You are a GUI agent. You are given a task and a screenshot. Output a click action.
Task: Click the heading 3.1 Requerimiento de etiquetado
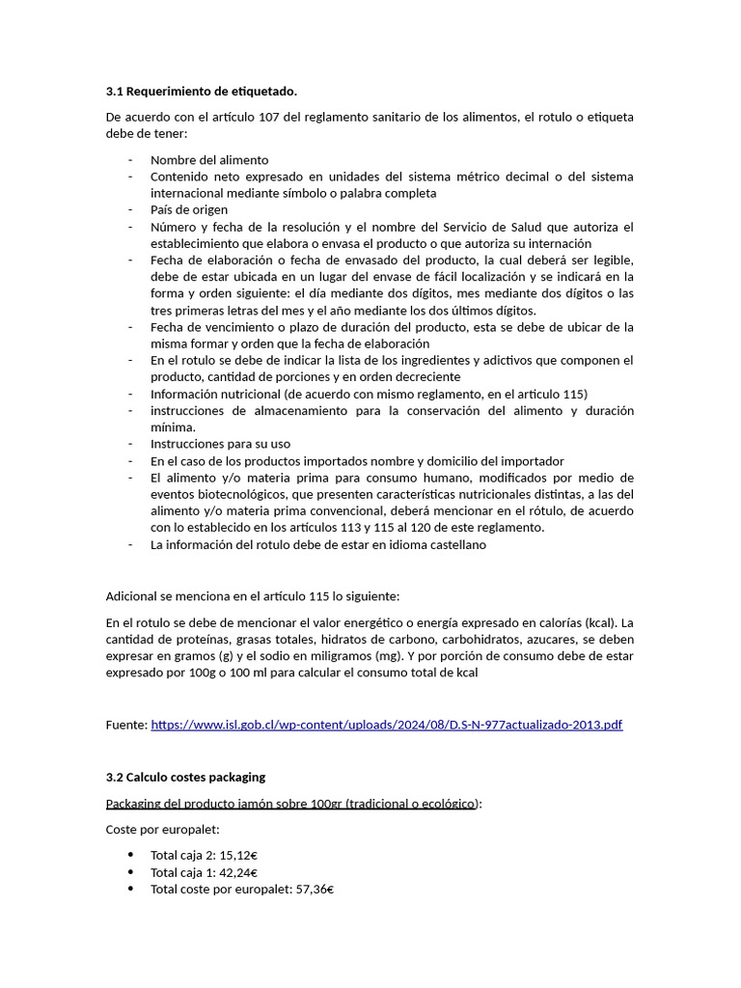click(201, 92)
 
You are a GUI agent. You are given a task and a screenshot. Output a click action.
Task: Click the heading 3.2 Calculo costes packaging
click(185, 777)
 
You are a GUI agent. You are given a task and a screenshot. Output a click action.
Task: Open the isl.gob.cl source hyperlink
click(386, 725)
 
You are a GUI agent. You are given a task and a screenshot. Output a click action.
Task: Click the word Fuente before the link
click(125, 725)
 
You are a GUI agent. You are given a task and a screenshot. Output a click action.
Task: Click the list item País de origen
click(189, 209)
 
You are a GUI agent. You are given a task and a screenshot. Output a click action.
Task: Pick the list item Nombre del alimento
click(209, 159)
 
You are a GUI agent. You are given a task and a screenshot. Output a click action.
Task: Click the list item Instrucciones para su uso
click(220, 444)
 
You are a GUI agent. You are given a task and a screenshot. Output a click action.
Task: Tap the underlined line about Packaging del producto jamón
click(292, 804)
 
